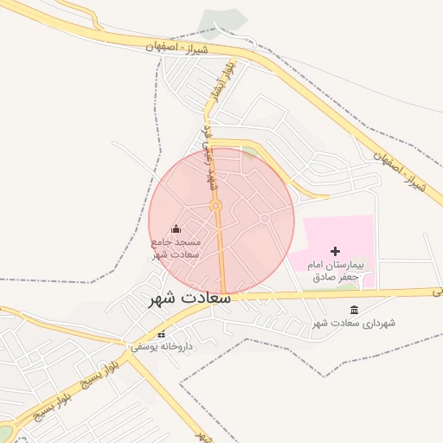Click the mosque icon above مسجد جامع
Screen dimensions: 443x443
coord(177,229)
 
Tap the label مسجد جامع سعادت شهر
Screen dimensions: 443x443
coord(177,248)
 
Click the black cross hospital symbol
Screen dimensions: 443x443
coord(336,251)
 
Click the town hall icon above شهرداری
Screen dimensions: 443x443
coord(354,310)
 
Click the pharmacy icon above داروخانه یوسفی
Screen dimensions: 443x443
coord(161,334)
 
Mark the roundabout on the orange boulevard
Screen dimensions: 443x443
coord(215,206)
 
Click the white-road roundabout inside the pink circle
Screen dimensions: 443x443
coord(265,219)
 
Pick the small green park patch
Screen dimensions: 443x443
coord(249,152)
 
